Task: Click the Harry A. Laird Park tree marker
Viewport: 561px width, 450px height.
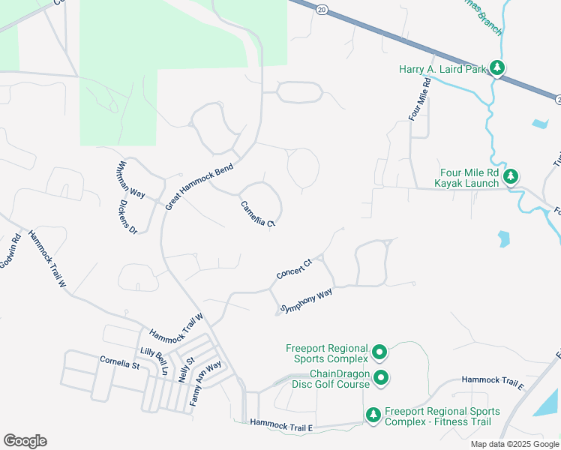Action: pos(496,69)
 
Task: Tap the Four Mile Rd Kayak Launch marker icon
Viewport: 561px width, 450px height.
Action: pos(511,177)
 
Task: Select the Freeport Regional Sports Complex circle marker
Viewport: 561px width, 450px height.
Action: pos(379,352)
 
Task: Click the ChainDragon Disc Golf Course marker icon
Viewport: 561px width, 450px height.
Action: pos(381,378)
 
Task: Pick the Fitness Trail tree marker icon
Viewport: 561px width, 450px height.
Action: pos(373,415)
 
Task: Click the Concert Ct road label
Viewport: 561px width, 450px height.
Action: pos(294,270)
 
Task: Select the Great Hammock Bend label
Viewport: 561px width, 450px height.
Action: pos(199,185)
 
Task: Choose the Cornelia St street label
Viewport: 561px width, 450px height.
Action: pos(120,363)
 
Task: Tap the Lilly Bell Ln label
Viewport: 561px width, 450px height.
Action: pos(154,361)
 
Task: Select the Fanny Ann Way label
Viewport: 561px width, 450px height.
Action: pos(205,383)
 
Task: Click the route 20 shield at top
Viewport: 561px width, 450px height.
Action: pos(322,9)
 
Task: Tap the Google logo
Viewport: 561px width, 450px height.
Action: pos(25,441)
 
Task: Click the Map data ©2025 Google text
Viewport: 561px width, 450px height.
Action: pos(514,444)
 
